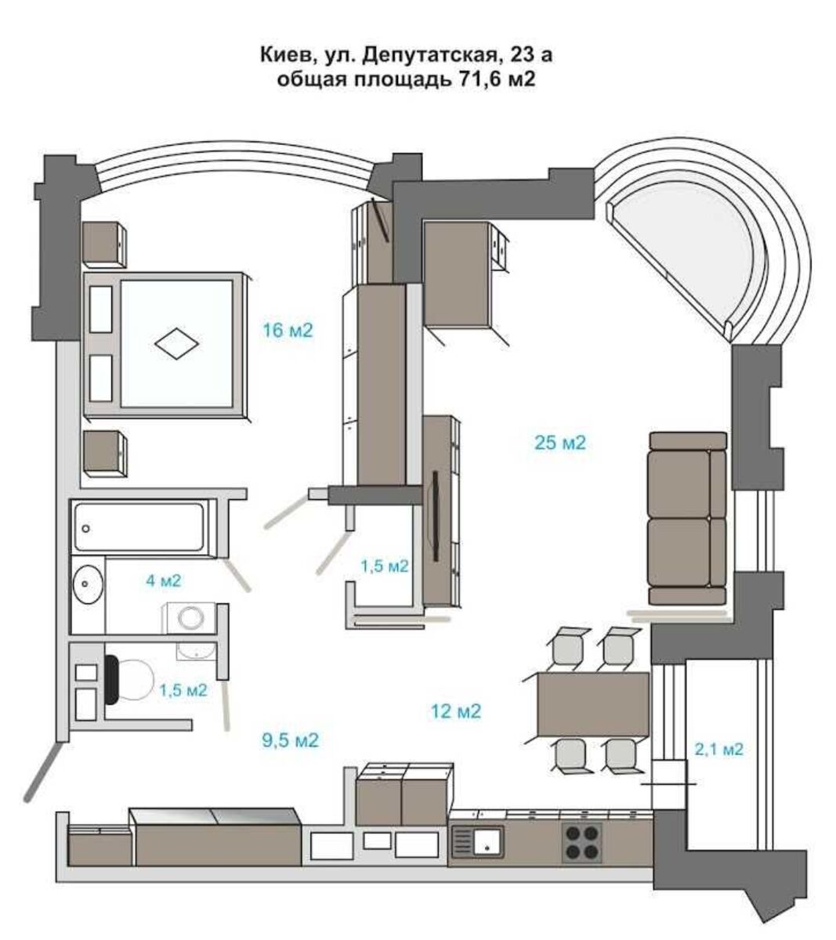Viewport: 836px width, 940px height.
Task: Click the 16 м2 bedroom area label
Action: pyautogui.click(x=288, y=331)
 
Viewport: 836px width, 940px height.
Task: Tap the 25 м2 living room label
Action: pyautogui.click(x=559, y=443)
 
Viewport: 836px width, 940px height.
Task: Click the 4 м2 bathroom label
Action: pyautogui.click(x=164, y=580)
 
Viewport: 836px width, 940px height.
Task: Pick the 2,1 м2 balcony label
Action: pyautogui.click(x=718, y=749)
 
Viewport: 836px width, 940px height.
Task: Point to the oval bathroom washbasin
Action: pyautogui.click(x=87, y=584)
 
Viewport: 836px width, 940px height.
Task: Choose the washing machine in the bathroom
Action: pyautogui.click(x=189, y=619)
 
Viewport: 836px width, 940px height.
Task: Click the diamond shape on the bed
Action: pyautogui.click(x=176, y=343)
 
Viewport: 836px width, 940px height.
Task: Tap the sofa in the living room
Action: pyautogui.click(x=687, y=519)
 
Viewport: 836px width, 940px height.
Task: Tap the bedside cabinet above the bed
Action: pyautogui.click(x=104, y=244)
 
